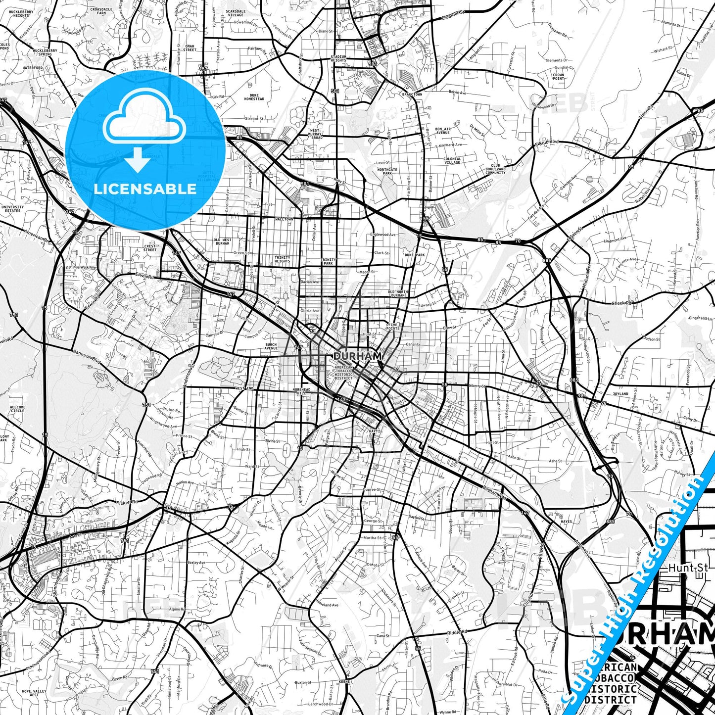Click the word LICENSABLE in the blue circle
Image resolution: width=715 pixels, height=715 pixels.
pyautogui.click(x=145, y=189)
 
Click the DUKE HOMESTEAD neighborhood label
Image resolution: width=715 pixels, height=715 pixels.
pyautogui.click(x=254, y=96)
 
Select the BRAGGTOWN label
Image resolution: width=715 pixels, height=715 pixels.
pyautogui.click(x=412, y=94)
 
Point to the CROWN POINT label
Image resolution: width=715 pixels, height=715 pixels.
pyautogui.click(x=558, y=77)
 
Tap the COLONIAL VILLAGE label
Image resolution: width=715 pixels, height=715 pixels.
pyautogui.click(x=452, y=160)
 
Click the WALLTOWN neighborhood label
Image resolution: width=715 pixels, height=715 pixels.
pyautogui.click(x=284, y=219)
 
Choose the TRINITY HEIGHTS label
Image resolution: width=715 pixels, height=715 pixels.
pyautogui.click(x=283, y=259)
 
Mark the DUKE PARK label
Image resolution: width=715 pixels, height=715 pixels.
pyautogui.click(x=415, y=255)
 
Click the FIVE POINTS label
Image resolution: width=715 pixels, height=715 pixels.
pyautogui.click(x=393, y=327)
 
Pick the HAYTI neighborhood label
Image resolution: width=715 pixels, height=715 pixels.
pyautogui.click(x=374, y=431)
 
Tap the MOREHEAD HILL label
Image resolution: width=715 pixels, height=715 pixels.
pyautogui.click(x=301, y=391)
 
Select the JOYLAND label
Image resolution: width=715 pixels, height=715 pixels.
pyautogui.click(x=620, y=394)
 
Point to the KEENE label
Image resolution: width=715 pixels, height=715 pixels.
pyautogui.click(x=344, y=681)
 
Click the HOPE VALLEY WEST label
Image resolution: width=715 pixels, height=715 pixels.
pyautogui.click(x=34, y=693)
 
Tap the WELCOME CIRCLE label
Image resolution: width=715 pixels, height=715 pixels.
pyautogui.click(x=17, y=409)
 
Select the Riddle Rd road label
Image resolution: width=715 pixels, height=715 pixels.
pyautogui.click(x=457, y=632)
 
